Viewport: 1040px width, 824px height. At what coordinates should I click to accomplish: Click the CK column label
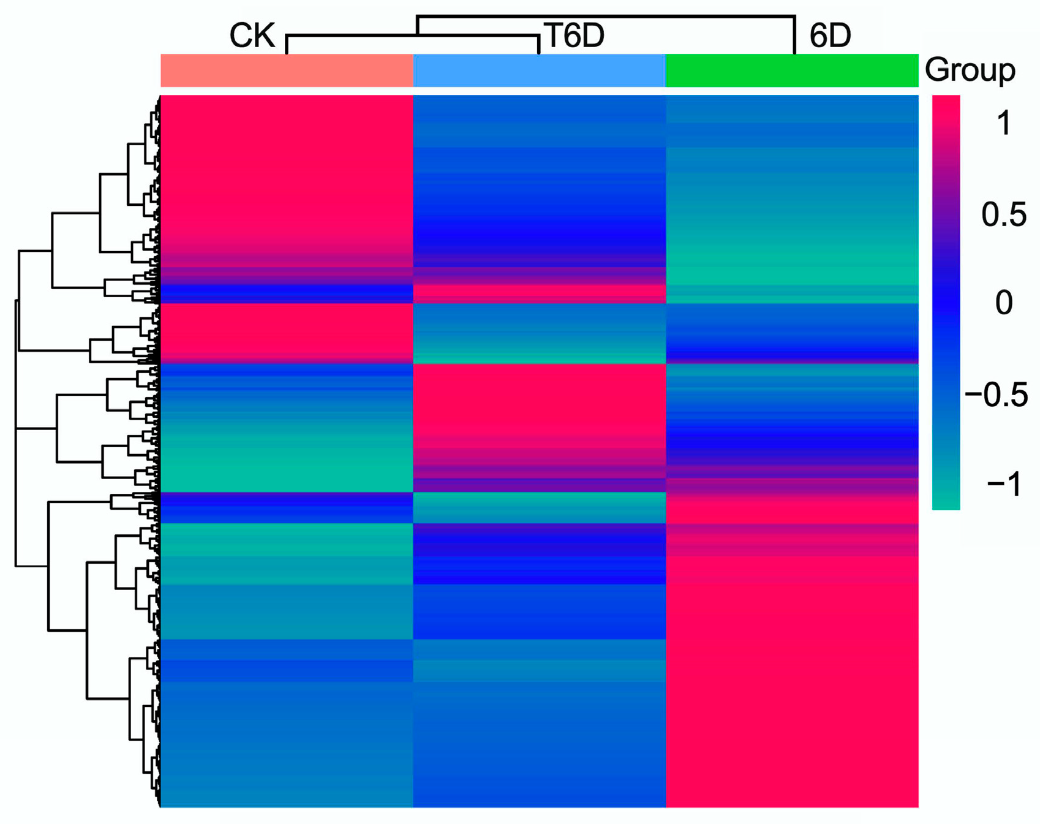point(252,36)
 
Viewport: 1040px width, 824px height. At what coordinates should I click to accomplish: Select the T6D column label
point(574,36)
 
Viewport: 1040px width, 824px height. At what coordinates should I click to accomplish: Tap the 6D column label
point(830,36)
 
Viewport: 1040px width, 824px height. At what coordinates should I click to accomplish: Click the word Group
point(970,70)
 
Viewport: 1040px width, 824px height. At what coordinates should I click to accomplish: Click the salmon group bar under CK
point(287,70)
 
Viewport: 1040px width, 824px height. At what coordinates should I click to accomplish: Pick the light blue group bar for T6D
point(539,70)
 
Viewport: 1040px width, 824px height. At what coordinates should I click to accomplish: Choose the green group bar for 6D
point(791,70)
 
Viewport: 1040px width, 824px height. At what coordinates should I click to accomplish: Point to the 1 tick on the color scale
point(1003,124)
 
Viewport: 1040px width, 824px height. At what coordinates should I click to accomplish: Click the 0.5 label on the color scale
point(1003,214)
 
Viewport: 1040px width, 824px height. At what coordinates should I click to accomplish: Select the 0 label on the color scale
point(1003,303)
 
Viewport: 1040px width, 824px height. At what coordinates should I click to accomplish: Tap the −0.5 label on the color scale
point(996,395)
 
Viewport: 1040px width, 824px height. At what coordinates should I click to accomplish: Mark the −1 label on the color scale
point(1003,484)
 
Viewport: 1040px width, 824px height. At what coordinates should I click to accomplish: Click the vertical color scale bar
point(946,302)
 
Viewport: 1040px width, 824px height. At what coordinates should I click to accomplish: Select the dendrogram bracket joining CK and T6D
point(412,36)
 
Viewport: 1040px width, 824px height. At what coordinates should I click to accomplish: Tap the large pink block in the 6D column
point(791,674)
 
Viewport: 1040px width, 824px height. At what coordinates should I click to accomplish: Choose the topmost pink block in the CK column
point(287,172)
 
